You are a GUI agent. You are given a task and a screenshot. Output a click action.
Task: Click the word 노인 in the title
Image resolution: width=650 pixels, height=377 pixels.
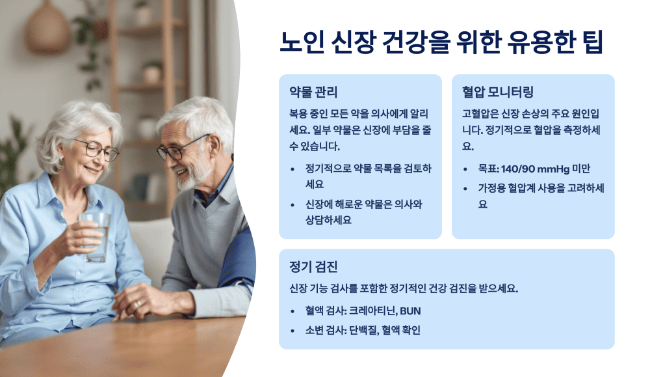pyautogui.click(x=300, y=42)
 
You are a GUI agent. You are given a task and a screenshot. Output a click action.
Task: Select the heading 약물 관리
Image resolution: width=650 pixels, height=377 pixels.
pyautogui.click(x=313, y=92)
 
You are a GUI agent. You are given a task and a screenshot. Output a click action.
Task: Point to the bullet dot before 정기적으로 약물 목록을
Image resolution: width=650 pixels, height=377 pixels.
pyautogui.click(x=292, y=169)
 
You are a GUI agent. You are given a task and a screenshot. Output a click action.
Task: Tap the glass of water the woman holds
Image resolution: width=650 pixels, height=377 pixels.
pyautogui.click(x=96, y=235)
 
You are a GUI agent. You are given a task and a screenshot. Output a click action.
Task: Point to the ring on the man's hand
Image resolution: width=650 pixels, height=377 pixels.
pyautogui.click(x=137, y=303)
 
